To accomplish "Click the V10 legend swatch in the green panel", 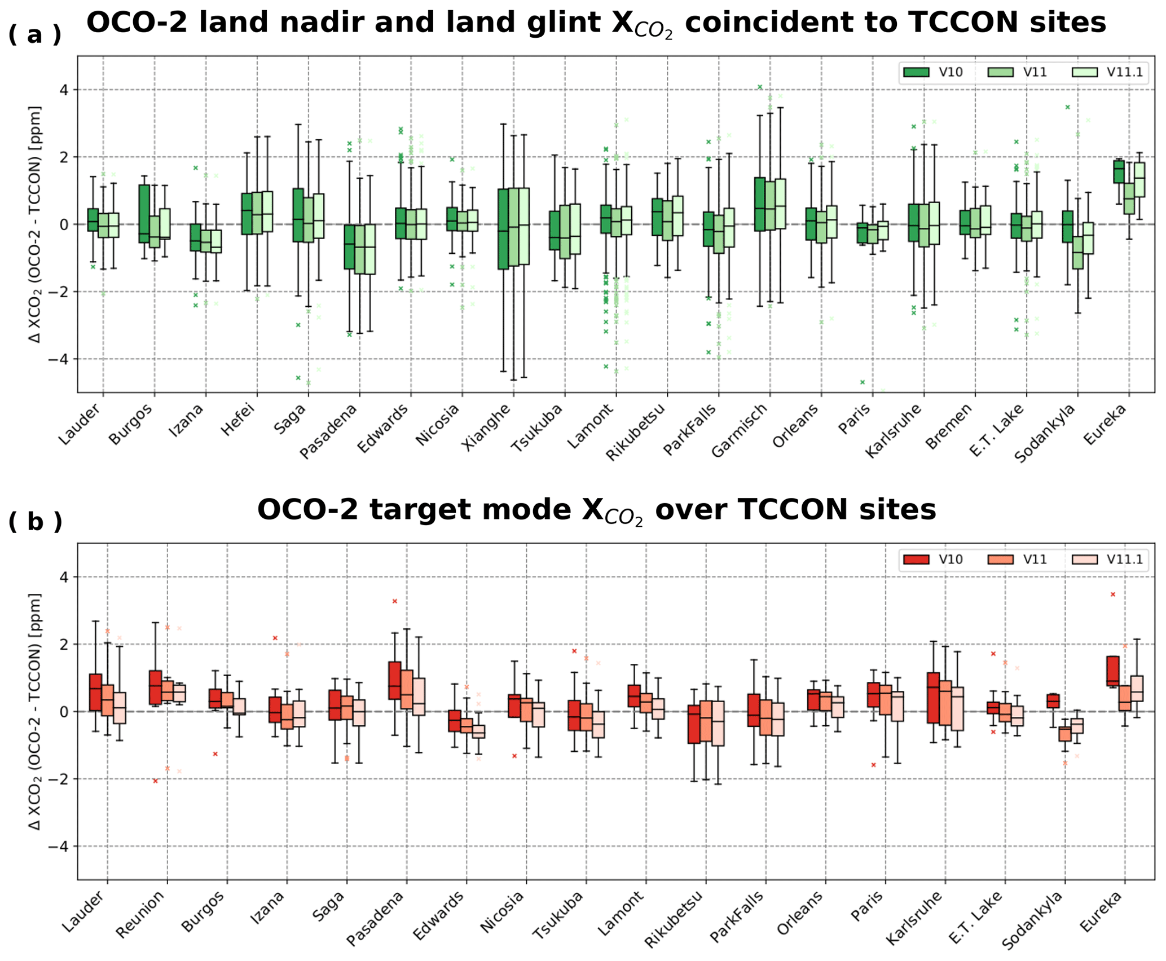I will pos(916,72).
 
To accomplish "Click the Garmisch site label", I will pos(740,430).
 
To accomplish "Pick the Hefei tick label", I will pos(239,420).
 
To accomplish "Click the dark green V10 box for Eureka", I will pos(1119,171).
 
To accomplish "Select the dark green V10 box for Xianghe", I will pos(503,228).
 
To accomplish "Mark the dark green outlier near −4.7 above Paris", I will pos(863,382).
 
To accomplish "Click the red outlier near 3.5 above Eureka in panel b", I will pos(1113,594).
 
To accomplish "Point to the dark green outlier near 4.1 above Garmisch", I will pos(760,87).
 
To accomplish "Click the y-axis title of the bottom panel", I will pos(35,711).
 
